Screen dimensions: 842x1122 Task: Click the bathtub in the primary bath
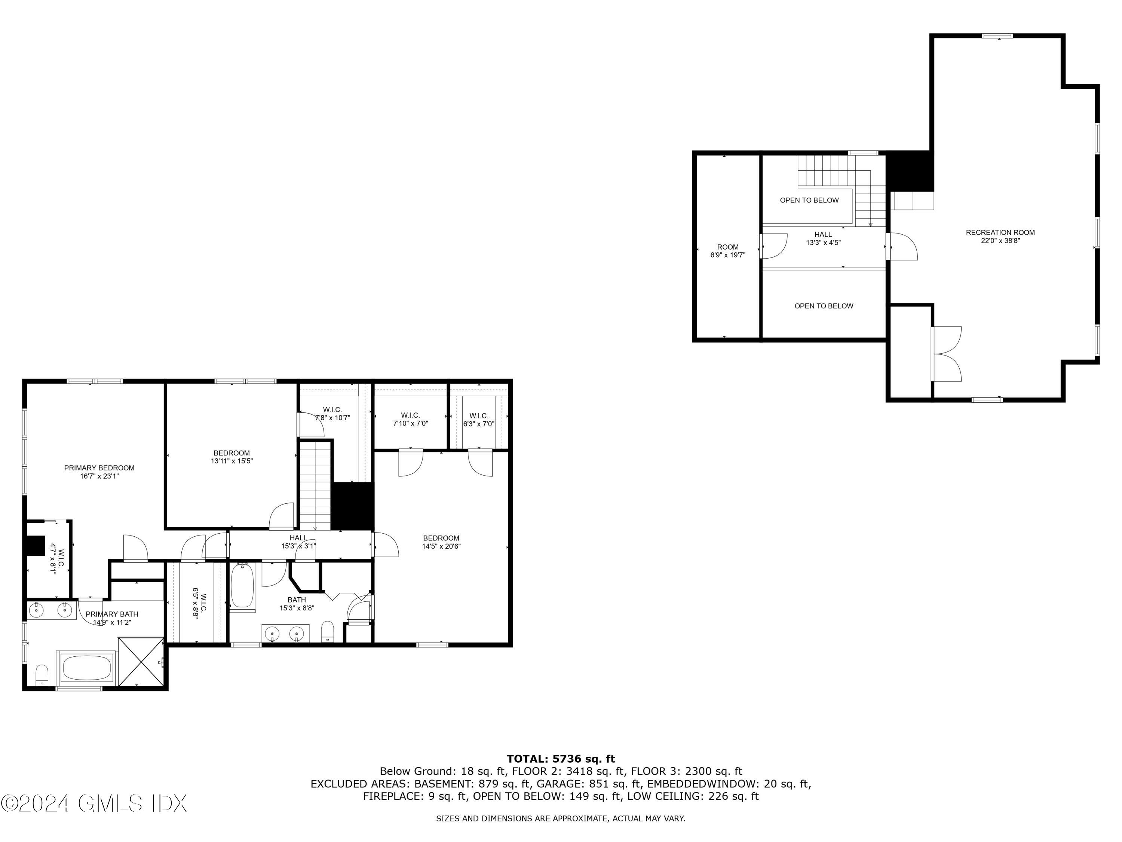[86, 668]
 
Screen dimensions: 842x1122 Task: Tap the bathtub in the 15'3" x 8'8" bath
[242, 586]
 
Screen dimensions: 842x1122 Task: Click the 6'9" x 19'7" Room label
[727, 251]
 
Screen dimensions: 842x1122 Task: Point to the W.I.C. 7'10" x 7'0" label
[410, 419]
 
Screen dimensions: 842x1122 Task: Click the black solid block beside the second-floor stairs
[352, 506]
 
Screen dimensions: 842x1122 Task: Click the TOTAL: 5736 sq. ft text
[561, 759]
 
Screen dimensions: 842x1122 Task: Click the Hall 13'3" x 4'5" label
[823, 238]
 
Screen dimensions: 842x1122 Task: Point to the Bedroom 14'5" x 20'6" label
[441, 542]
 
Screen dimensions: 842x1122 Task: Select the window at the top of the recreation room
[997, 36]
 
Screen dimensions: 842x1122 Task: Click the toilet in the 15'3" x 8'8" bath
[328, 631]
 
